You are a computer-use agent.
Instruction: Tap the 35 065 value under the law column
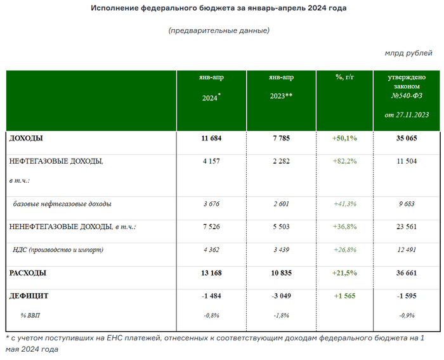point(407,138)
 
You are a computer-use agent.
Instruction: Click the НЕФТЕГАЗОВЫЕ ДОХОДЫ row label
point(56,161)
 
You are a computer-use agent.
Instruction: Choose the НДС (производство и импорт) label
point(58,250)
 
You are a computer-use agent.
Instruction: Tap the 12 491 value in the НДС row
point(407,250)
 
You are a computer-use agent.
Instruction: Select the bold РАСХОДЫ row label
point(27,272)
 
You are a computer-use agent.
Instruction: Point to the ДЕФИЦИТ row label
point(29,296)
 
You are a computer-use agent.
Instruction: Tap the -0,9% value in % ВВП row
point(407,315)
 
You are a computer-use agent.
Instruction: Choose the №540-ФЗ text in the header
point(407,95)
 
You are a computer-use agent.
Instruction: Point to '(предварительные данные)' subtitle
point(219,30)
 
